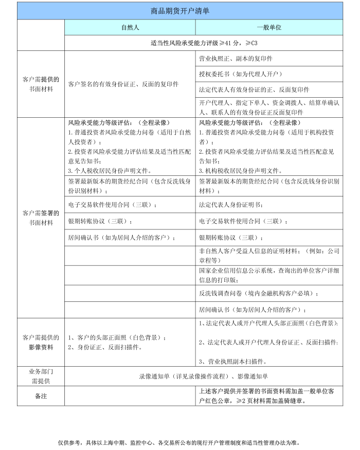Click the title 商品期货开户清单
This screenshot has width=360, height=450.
180,10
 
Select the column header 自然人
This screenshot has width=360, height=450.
130,27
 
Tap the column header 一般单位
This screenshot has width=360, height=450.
269,27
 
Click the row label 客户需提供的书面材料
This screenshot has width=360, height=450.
41,84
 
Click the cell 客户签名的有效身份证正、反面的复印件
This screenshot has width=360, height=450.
123,84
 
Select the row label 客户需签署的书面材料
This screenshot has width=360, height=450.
41,218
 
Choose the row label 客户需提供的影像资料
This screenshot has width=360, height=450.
41,342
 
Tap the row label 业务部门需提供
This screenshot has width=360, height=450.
41,375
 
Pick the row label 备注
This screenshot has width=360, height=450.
41,396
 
